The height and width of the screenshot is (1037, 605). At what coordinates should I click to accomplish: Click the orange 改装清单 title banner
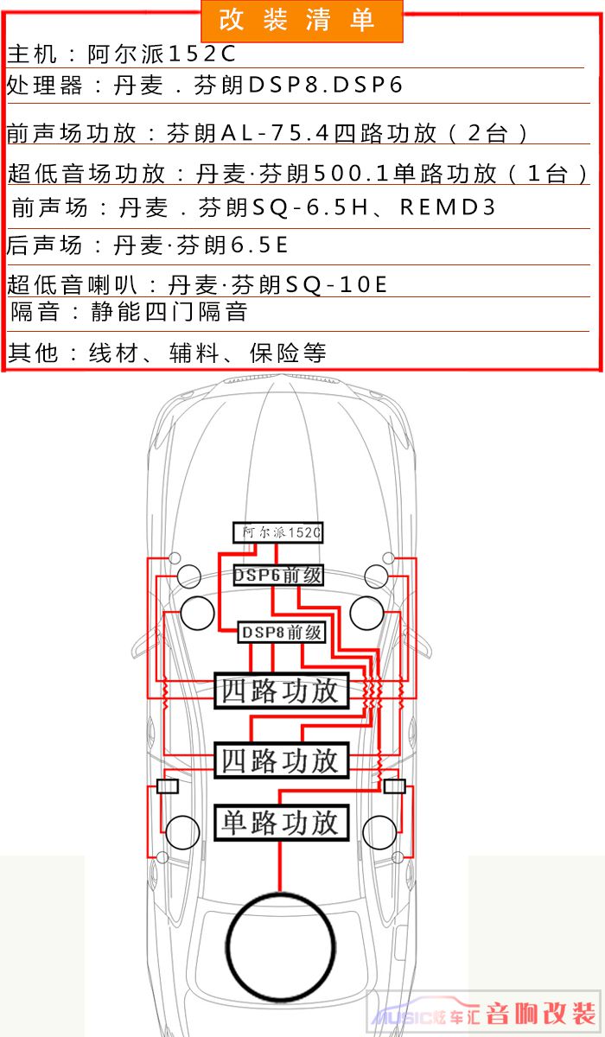coord(302,22)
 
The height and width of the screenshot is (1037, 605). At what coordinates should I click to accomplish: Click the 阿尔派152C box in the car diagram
coord(277,532)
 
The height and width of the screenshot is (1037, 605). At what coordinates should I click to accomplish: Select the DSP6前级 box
coord(277,576)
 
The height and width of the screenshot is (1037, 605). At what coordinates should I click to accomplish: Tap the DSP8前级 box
coord(282,633)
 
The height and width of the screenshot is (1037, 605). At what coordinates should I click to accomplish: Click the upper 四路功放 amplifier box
coord(282,690)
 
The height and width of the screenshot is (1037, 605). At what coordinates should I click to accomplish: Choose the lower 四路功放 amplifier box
coord(282,760)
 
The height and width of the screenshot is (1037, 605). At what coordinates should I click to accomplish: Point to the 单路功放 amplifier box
coord(282,823)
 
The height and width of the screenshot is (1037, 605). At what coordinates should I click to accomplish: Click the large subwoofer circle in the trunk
coord(281,946)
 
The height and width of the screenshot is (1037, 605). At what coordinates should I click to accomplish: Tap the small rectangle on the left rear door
coord(168,786)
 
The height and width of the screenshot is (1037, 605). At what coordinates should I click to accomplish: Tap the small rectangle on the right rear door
coord(395,786)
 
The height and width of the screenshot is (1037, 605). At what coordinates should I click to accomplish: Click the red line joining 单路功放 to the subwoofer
coord(280,866)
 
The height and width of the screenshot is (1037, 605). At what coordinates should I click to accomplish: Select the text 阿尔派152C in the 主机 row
coord(162,54)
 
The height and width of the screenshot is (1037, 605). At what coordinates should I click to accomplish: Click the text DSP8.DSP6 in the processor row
coord(326,86)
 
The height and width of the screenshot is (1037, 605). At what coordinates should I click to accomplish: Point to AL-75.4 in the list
coord(276,133)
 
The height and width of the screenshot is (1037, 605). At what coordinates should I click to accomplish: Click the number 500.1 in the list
coord(352,174)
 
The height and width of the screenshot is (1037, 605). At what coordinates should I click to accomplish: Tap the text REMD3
coord(448,207)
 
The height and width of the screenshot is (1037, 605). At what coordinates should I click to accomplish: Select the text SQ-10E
coord(336,284)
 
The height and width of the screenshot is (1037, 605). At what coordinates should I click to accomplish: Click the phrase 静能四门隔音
coord(169,312)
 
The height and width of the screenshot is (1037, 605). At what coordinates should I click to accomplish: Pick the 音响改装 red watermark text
coord(541,1015)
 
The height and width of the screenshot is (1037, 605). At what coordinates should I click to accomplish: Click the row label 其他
coord(33,353)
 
